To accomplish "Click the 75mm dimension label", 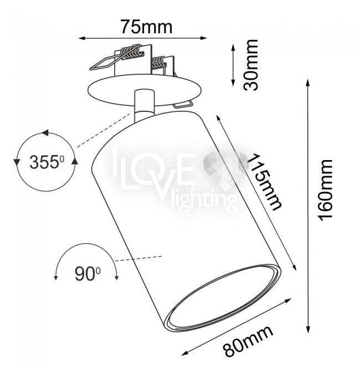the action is [146, 27].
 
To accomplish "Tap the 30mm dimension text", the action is [251, 65].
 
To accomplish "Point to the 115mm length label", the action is [264, 182].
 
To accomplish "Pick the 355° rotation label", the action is [47, 162].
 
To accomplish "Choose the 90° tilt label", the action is [88, 274].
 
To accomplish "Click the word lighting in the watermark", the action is [204, 200].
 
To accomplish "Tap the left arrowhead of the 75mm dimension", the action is [82, 38].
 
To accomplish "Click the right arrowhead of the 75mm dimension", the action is [204, 38].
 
